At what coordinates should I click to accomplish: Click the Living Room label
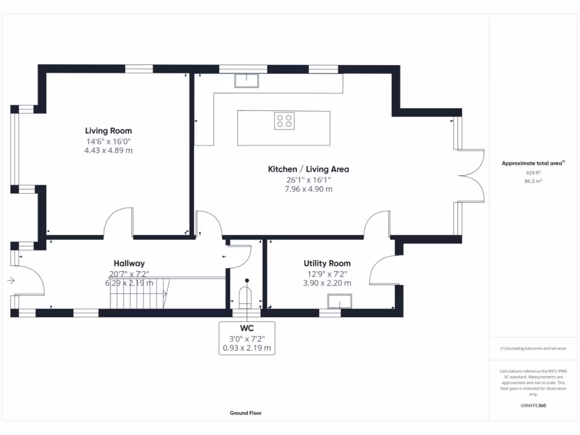pyautogui.click(x=109, y=131)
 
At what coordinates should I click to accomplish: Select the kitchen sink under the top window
pyautogui.click(x=246, y=81)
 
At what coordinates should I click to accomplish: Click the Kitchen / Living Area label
pyautogui.click(x=308, y=169)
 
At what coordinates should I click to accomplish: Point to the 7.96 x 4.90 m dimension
pyautogui.click(x=308, y=189)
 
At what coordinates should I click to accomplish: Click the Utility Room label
pyautogui.click(x=327, y=263)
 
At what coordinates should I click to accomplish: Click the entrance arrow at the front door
pyautogui.click(x=11, y=280)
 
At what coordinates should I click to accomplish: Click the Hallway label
pyautogui.click(x=129, y=263)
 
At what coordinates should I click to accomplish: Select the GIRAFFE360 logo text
pyautogui.click(x=534, y=406)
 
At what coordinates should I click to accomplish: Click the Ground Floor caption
pyautogui.click(x=246, y=413)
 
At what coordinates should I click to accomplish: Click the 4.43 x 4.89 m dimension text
pyautogui.click(x=109, y=151)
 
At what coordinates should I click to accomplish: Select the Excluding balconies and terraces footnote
pyautogui.click(x=533, y=348)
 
